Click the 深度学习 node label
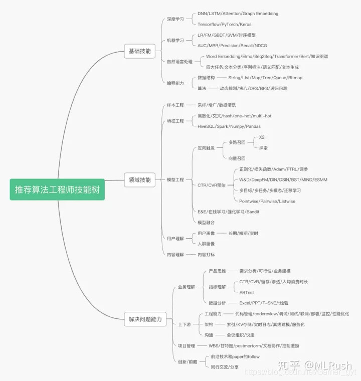click(x=175, y=19)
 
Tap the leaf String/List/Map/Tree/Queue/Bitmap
click(x=265, y=78)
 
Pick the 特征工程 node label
click(x=175, y=121)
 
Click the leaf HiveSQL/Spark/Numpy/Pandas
click(x=229, y=126)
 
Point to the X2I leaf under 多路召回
click(x=262, y=137)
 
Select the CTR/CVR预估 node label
click(x=211, y=185)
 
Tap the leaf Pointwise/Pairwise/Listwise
click(x=267, y=201)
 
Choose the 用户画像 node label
click(x=206, y=233)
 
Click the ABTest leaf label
click(x=246, y=292)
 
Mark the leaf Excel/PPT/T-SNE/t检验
click(x=263, y=303)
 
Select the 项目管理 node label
click(x=187, y=346)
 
